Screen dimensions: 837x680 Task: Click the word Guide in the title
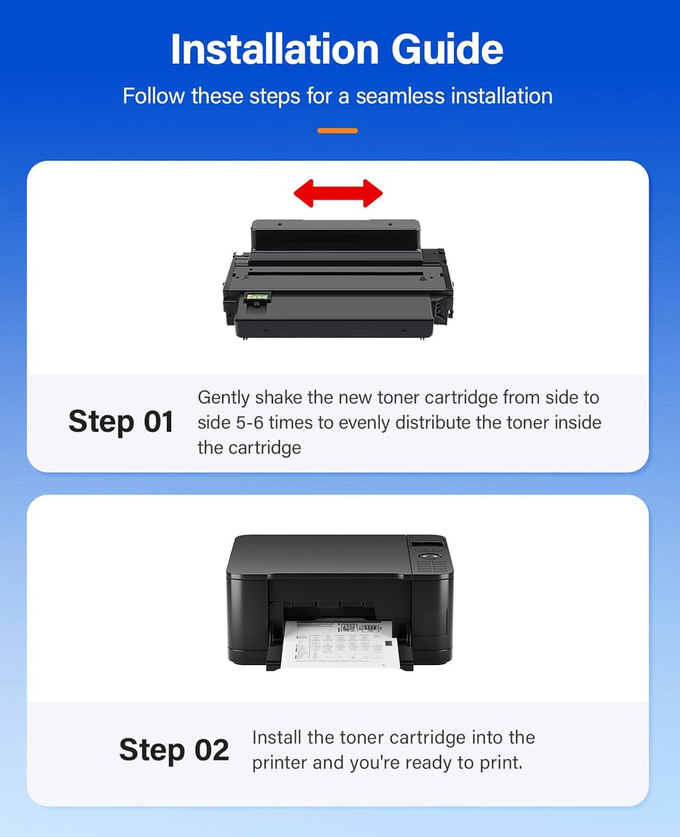tap(448, 49)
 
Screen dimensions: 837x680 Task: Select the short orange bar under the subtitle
tap(337, 131)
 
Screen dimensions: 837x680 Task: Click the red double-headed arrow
tap(338, 194)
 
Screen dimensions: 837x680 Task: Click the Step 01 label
tap(121, 422)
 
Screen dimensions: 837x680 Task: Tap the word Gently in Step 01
tap(224, 398)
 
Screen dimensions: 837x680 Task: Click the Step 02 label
tap(174, 751)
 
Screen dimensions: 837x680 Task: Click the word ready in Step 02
tap(424, 763)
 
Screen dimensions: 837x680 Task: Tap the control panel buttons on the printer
tap(430, 561)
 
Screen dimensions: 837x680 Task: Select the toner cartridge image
tap(338, 279)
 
